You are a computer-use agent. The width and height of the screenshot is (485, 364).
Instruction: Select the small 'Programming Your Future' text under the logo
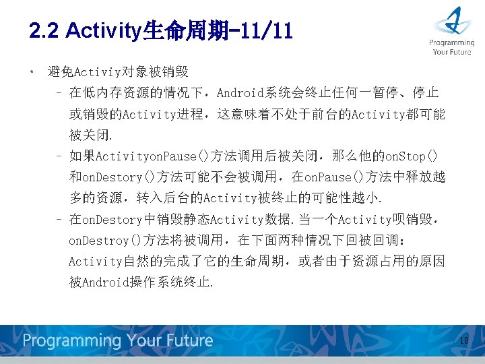coord(452,47)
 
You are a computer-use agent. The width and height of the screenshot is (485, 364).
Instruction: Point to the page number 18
coord(463,341)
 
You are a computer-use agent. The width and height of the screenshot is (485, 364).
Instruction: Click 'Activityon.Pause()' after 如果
coord(147,156)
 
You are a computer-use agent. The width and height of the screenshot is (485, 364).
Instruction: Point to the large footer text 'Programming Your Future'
coord(118,340)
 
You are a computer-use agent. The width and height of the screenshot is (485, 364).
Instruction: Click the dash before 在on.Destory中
coord(59,220)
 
